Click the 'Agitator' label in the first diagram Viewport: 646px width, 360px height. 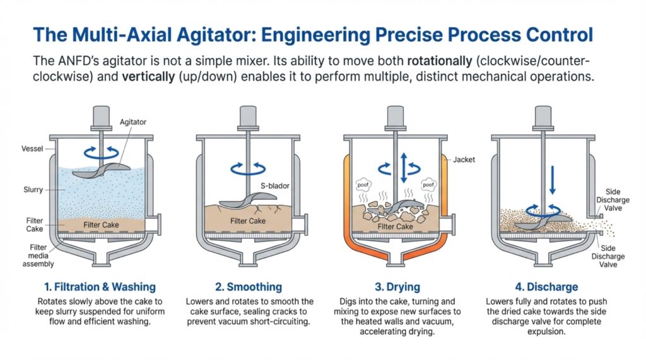(x=132, y=122)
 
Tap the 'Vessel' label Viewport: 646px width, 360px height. (x=32, y=149)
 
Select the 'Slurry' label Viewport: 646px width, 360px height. (x=33, y=190)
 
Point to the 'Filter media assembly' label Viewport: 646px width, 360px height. (x=38, y=256)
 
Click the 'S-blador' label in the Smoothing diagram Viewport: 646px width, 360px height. (x=275, y=186)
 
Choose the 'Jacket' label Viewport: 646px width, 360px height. (x=464, y=160)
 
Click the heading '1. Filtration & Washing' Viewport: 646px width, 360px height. (x=100, y=287)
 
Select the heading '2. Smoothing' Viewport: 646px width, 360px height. (x=249, y=287)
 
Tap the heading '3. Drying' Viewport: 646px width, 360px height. (x=397, y=287)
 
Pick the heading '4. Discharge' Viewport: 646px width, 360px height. (x=546, y=287)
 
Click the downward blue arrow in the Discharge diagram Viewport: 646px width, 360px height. (x=553, y=180)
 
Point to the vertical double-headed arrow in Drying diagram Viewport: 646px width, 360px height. (x=404, y=168)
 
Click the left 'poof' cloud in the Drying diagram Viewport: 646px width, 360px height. (x=363, y=185)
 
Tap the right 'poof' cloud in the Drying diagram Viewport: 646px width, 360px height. (x=428, y=185)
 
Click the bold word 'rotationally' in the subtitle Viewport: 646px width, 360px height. (x=440, y=61)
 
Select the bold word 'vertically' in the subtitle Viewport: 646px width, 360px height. (x=148, y=77)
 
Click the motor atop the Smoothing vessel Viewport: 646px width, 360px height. (x=247, y=117)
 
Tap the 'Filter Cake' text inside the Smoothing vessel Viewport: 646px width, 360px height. (x=247, y=221)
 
